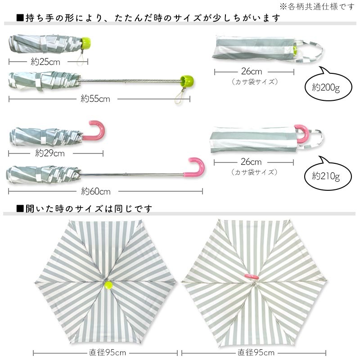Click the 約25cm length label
click(45, 62)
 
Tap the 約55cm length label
click(95, 99)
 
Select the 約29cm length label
click(50, 153)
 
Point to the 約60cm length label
click(96, 192)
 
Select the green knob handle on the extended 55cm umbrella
click(184, 81)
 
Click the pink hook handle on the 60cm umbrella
click(196, 166)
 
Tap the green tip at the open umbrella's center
click(108, 284)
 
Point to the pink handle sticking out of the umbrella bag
click(302, 133)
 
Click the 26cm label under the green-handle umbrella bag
click(251, 72)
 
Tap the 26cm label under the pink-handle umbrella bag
click(251, 162)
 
